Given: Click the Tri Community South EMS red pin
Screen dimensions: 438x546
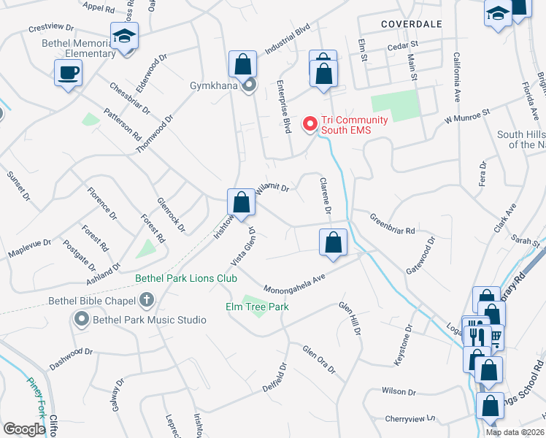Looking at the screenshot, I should click(310, 125).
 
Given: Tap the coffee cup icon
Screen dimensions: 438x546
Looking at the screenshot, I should click(68, 73).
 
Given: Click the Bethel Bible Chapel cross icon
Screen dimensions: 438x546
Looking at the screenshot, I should click(146, 299).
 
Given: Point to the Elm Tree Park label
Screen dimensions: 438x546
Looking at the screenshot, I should click(256, 307).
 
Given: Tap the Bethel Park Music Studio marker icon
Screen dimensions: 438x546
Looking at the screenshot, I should click(80, 319).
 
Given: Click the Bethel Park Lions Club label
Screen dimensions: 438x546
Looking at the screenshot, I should click(186, 278).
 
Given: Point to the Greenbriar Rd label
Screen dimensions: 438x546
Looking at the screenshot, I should click(392, 224).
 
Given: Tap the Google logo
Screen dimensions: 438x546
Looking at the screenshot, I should click(24, 429).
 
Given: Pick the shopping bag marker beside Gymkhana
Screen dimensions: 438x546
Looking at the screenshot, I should click(242, 64).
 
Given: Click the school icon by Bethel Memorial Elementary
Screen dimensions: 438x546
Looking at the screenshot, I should click(125, 35).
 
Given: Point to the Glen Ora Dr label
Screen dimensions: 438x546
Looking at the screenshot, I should click(318, 361).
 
